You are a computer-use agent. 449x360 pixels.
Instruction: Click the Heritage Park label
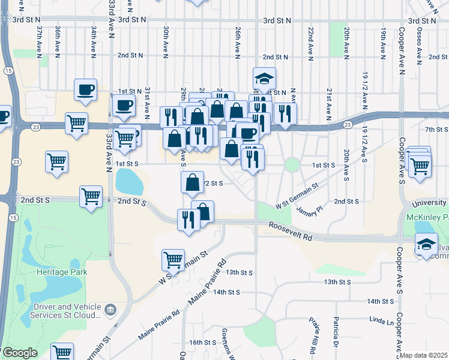[62, 272]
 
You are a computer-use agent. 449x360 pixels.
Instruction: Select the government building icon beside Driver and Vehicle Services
[110, 310]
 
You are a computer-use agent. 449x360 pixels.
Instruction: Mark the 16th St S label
[202, 342]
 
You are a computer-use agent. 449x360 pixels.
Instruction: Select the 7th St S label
[436, 129]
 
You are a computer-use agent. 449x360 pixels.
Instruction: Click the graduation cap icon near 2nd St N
[264, 79]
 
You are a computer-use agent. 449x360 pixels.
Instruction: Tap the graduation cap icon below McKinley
[426, 244]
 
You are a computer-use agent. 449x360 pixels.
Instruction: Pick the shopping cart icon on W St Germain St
[173, 259]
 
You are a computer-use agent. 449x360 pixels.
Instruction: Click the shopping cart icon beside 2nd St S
[91, 196]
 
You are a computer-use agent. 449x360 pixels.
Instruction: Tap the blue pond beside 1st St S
[126, 178]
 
